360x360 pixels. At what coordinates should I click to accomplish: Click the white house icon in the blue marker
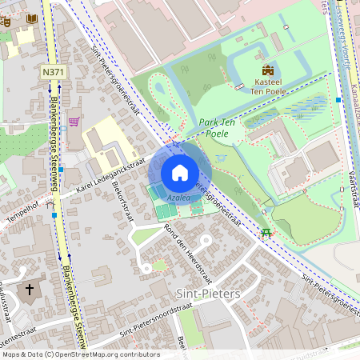[x=180, y=172]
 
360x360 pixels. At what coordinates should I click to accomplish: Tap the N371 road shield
[x=53, y=72]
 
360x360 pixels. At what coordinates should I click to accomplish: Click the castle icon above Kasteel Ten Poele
[x=266, y=70]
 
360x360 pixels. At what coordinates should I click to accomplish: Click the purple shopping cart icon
[x=74, y=122]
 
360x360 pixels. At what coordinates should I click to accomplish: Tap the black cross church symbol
[x=30, y=290]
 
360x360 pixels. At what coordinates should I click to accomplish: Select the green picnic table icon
[x=266, y=233]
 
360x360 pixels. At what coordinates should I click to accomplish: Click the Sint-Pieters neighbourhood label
[x=207, y=294]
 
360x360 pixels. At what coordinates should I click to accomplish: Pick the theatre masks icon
[x=5, y=22]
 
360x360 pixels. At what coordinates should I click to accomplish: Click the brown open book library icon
[x=31, y=18]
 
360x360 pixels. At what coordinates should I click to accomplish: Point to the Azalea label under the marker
[x=179, y=196]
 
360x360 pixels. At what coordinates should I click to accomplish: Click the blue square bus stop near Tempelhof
[x=54, y=214]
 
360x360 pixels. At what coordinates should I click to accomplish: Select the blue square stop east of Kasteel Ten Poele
[x=339, y=100]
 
